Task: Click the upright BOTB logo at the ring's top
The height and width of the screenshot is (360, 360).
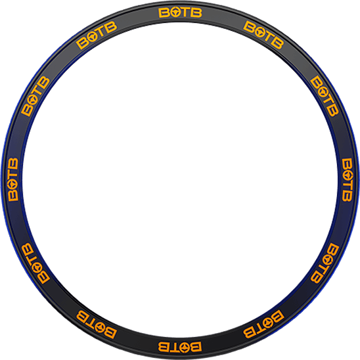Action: (180, 12)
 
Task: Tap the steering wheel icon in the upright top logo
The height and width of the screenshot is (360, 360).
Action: (175, 12)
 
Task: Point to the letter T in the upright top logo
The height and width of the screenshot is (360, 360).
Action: (186, 12)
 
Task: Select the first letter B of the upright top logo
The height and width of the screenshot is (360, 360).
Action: (164, 12)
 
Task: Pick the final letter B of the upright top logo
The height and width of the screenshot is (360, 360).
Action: (196, 12)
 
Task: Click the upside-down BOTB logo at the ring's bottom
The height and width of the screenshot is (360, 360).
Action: (180, 347)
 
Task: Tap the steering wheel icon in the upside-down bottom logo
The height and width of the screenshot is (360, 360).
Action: (185, 347)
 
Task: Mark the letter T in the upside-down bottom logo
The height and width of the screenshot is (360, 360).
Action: (175, 347)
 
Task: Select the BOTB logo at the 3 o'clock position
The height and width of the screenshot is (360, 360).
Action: (347, 180)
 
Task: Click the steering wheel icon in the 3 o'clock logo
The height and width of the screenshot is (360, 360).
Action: (347, 175)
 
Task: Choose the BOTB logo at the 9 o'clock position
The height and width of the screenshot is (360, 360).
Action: (13, 179)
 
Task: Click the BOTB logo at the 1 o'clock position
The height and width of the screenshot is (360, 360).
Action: (263, 35)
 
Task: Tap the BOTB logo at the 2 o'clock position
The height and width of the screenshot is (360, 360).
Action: (325, 96)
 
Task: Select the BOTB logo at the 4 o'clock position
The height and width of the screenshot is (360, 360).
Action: (325, 263)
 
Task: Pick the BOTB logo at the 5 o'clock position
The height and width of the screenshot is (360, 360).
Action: (264, 324)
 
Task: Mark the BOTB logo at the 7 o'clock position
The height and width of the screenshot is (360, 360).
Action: (97, 324)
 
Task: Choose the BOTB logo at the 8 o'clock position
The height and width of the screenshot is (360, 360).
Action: (35, 263)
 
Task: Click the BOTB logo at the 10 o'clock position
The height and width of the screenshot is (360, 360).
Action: (35, 96)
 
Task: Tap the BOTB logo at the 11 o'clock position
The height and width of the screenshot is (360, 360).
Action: (97, 35)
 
